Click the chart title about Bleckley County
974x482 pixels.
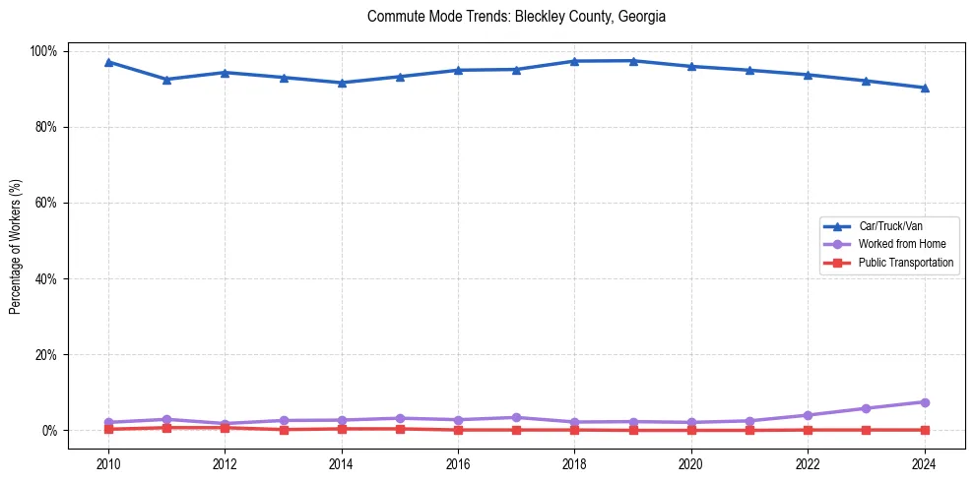coord(516,17)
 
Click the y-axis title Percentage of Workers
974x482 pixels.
coord(16,240)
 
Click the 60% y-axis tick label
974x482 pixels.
coord(46,203)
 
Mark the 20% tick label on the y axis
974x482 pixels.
coord(46,354)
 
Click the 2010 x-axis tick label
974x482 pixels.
coord(108,464)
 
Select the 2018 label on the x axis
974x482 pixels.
coord(574,464)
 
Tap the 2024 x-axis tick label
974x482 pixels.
coord(924,464)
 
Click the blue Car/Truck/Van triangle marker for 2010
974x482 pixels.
coord(108,62)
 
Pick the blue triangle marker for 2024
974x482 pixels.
coord(924,88)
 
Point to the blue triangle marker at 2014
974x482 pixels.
coord(342,83)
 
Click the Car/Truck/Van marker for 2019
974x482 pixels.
coord(633,61)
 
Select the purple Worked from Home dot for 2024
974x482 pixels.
coord(924,402)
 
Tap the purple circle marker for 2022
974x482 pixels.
coord(808,415)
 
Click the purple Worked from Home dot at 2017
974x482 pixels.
coord(516,418)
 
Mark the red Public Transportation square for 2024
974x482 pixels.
coord(924,430)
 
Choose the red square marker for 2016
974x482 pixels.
coord(458,430)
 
